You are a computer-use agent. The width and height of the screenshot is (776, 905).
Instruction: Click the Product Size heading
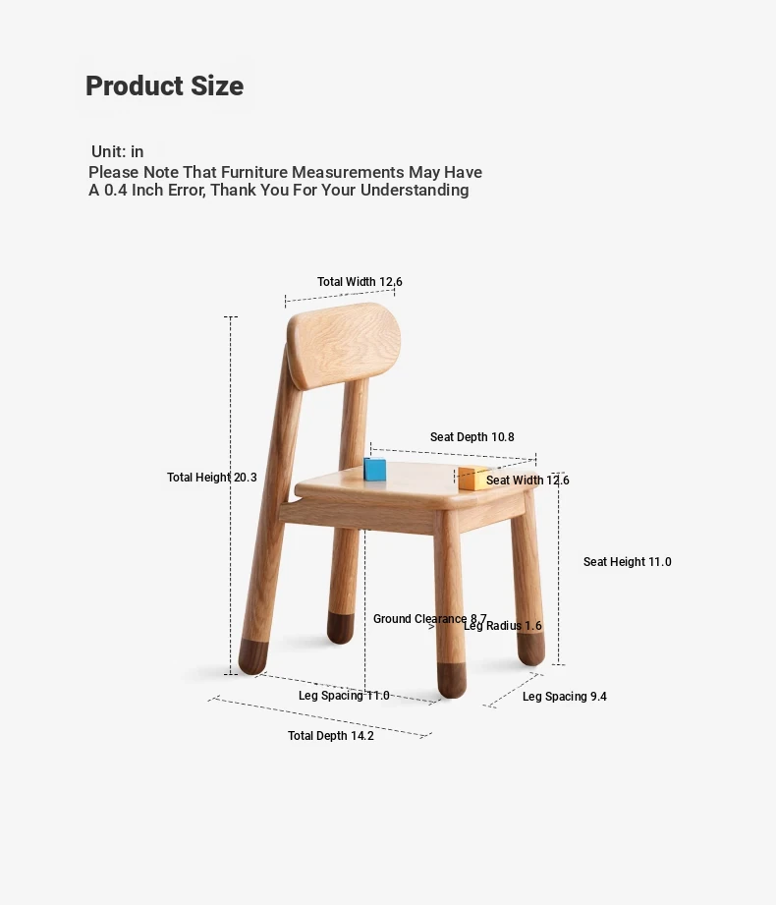click(164, 86)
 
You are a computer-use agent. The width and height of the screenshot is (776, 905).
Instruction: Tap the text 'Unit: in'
click(117, 151)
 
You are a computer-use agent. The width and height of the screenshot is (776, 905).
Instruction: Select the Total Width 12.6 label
click(360, 282)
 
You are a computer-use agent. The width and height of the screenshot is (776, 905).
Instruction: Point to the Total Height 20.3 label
click(212, 478)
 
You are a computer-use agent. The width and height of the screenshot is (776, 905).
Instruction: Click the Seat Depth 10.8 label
click(471, 437)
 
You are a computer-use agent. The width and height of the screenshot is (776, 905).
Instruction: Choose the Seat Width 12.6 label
click(527, 481)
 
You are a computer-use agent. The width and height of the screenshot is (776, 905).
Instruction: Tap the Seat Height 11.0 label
click(627, 562)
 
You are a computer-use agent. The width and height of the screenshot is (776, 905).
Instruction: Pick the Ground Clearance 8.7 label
click(430, 619)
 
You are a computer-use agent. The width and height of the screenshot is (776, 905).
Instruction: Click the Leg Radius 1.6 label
click(503, 626)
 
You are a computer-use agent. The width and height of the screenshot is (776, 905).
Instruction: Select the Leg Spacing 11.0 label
click(344, 696)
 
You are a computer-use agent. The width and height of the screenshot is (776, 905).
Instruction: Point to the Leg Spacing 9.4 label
click(564, 697)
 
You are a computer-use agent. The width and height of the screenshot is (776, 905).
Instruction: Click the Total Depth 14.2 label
click(331, 736)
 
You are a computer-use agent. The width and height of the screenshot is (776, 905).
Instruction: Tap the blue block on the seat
click(375, 469)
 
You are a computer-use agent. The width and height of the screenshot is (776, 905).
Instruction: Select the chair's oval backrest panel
click(344, 345)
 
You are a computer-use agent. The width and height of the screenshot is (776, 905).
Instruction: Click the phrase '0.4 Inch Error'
click(154, 190)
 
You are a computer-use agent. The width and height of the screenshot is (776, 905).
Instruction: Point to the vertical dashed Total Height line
click(231, 495)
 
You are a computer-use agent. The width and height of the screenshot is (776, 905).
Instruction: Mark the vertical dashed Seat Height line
click(558, 569)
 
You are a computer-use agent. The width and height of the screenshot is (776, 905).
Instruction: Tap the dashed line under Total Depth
click(320, 717)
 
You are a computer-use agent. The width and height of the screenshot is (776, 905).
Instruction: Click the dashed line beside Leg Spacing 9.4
click(513, 690)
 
